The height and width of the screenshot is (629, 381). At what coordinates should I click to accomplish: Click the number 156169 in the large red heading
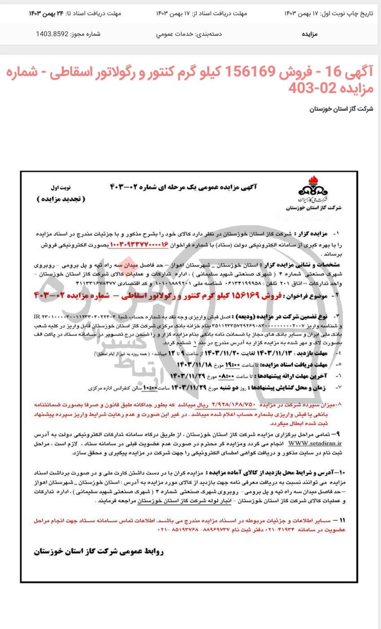[244, 72]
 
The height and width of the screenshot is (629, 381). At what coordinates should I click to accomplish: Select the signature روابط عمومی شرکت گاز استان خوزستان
[98, 552]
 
